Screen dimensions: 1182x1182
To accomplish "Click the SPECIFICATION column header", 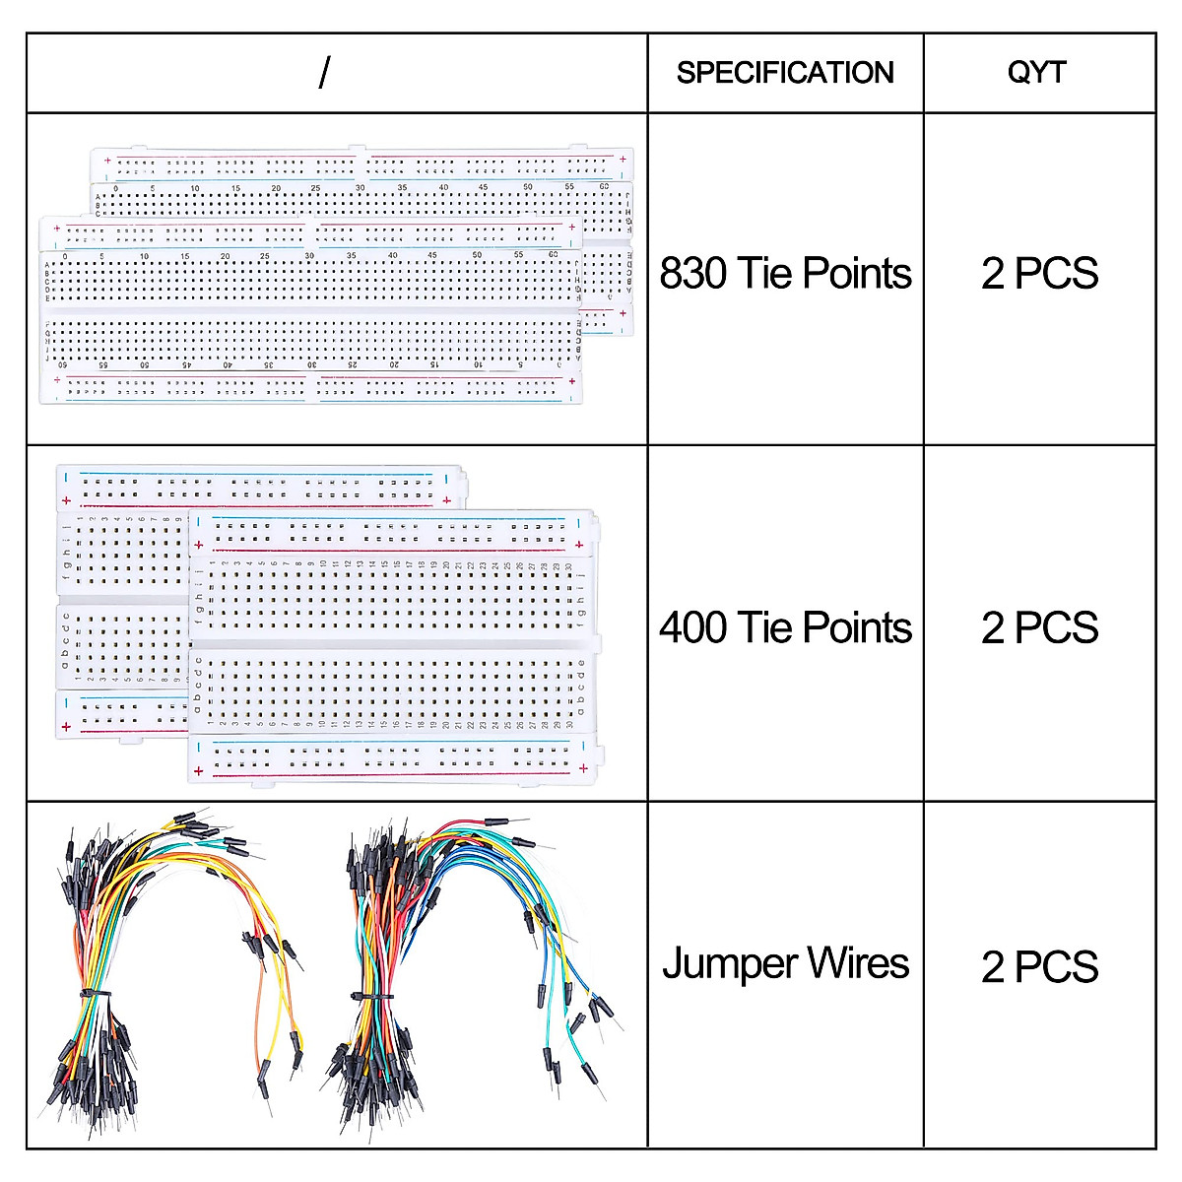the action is click(x=785, y=73).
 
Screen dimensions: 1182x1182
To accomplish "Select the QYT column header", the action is click(x=1037, y=73).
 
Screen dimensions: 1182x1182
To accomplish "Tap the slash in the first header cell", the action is click(x=325, y=72).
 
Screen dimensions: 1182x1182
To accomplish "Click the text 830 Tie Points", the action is click(x=785, y=274).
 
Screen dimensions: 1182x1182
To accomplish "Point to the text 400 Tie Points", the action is click(x=785, y=627).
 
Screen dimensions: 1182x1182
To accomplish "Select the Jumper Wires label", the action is click(x=785, y=963).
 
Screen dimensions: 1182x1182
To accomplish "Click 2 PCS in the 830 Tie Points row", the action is click(x=1039, y=274).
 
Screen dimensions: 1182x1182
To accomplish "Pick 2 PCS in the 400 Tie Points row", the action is click(x=1039, y=627).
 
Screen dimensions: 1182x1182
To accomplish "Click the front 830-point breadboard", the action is click(x=305, y=315).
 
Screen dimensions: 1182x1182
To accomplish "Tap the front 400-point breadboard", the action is click(x=394, y=650).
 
